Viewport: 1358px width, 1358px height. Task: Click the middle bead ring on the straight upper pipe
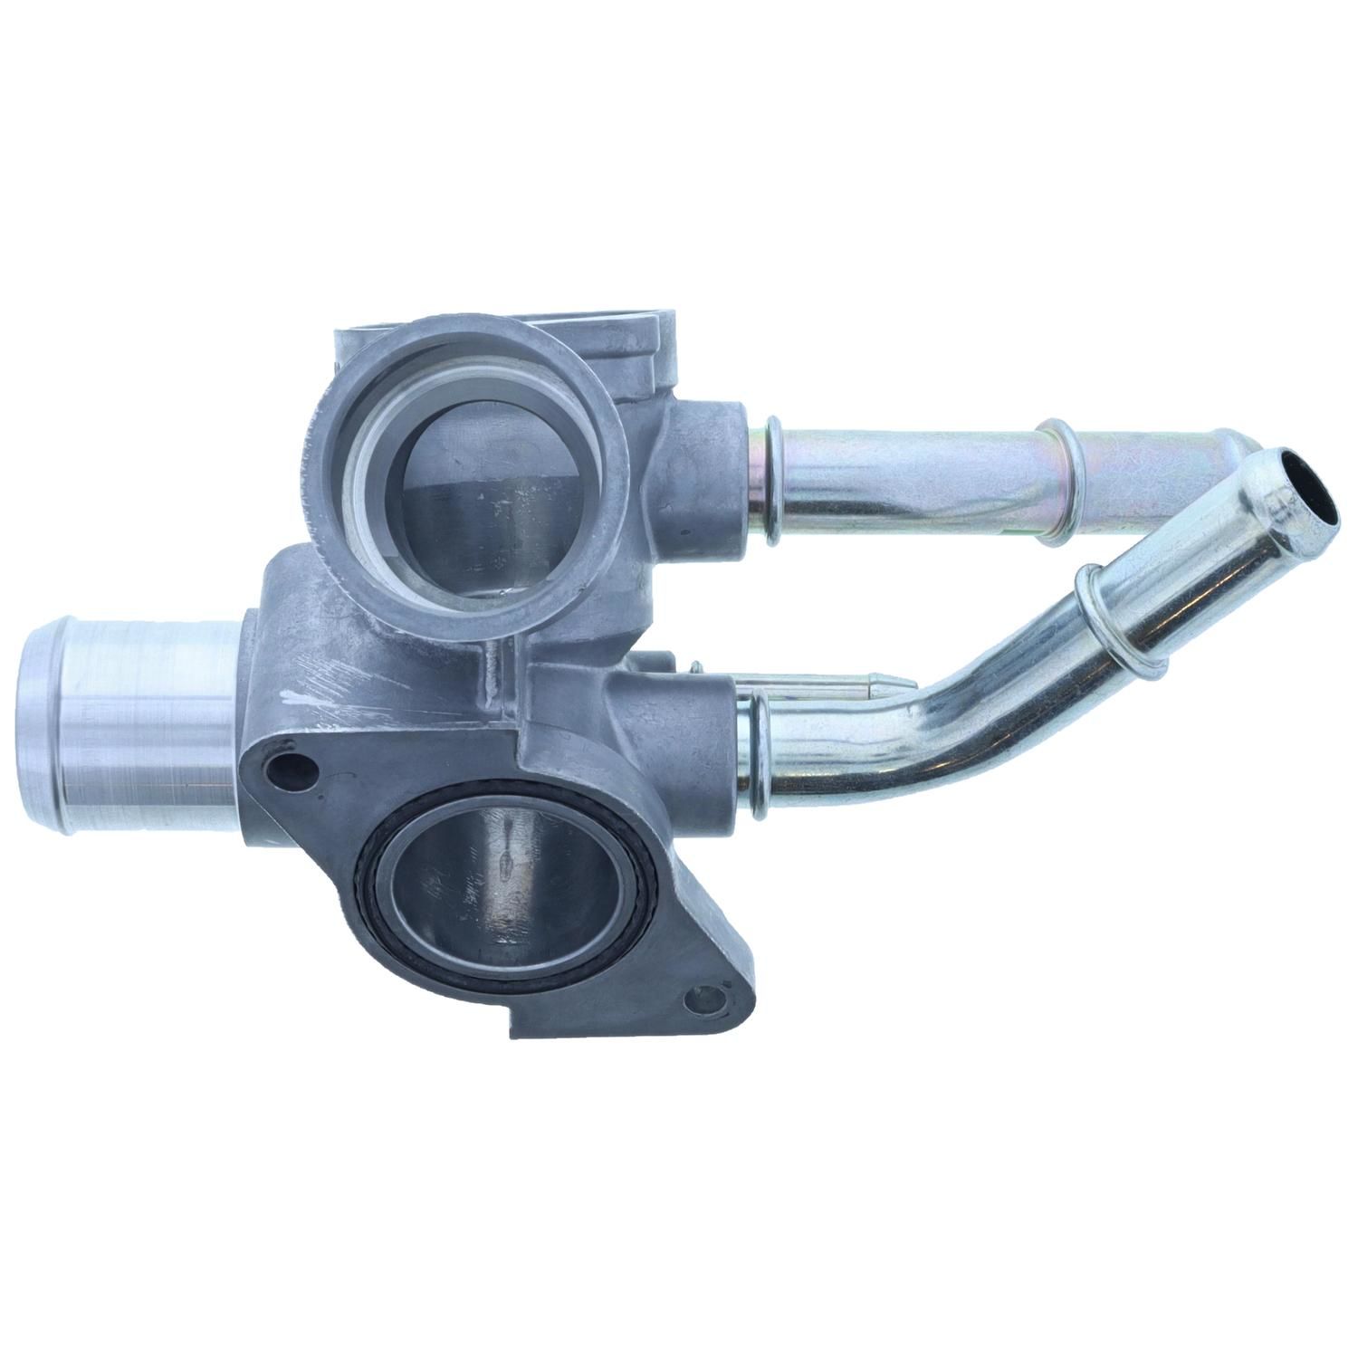pos(1057,484)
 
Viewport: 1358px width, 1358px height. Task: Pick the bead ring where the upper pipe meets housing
pos(771,480)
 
